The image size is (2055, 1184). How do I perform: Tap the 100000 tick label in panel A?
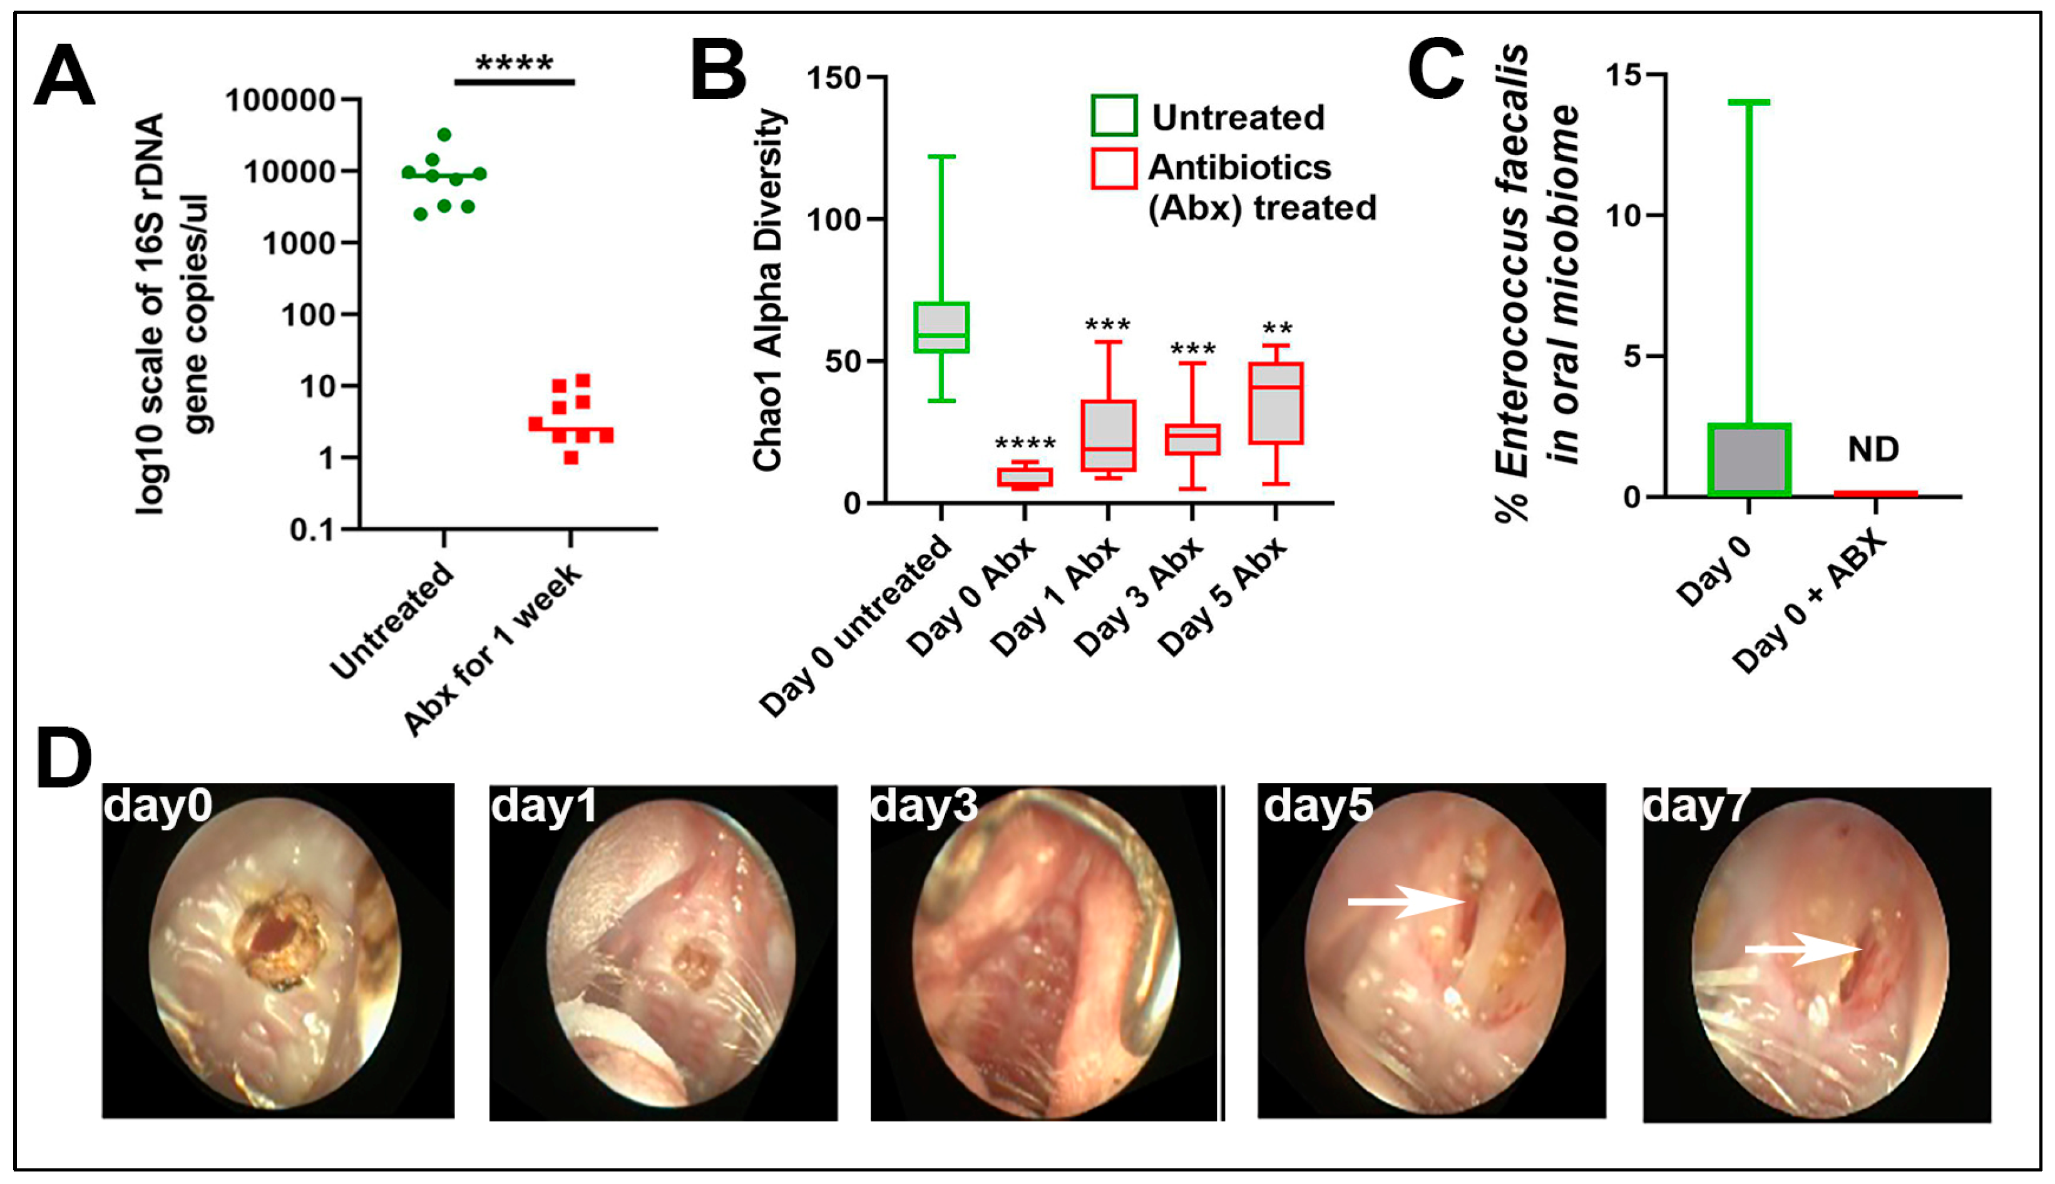click(280, 101)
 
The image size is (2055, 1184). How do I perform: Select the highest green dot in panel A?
click(444, 134)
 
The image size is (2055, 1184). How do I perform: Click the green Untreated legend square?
click(1114, 116)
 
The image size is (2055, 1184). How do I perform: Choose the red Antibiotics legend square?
click(1114, 168)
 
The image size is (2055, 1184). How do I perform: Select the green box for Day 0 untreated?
click(941, 327)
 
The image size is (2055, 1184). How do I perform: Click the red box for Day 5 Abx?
click(1276, 404)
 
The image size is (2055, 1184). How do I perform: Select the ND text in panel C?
click(1873, 449)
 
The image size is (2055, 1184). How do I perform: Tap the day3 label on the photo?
click(924, 807)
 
